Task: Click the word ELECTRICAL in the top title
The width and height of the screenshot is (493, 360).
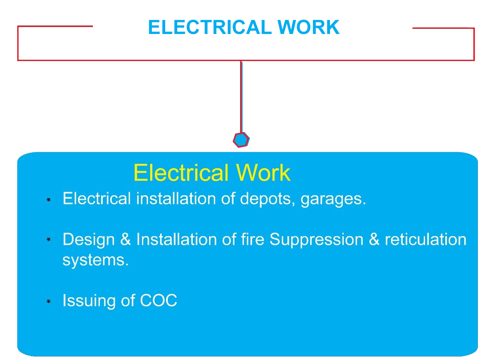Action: tap(210, 28)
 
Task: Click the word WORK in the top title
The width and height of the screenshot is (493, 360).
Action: tap(308, 28)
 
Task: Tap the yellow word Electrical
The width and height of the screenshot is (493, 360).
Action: tap(181, 173)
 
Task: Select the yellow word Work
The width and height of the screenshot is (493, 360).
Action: tap(263, 173)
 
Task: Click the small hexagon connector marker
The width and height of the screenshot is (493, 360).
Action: tap(241, 140)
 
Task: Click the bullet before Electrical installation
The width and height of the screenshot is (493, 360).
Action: tap(49, 200)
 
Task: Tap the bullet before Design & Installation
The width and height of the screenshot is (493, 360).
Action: tap(49, 239)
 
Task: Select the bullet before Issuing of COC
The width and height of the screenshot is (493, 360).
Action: tap(49, 302)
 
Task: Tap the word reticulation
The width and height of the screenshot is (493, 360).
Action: tap(425, 239)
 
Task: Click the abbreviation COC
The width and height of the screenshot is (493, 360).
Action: tap(159, 301)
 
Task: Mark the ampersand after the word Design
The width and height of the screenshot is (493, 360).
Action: tap(126, 240)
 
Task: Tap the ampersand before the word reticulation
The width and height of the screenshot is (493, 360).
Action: tap(374, 240)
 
